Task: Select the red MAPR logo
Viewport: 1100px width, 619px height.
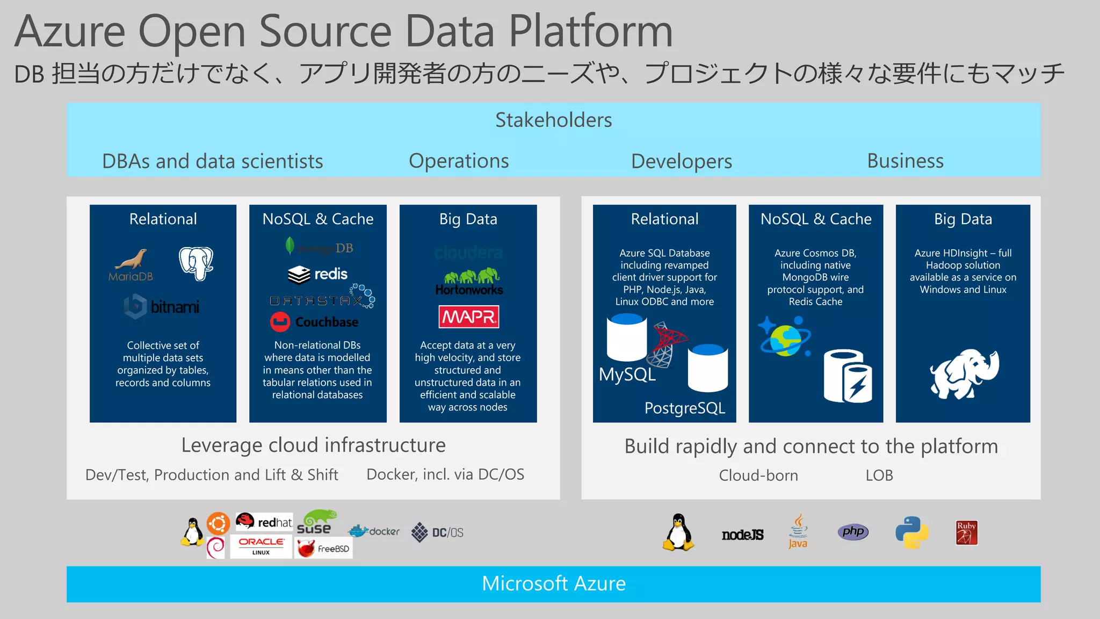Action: click(x=468, y=317)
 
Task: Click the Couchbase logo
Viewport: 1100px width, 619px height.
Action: click(x=314, y=322)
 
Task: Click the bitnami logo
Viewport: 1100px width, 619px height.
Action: click(x=162, y=307)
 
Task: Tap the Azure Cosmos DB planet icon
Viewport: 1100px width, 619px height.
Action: click(x=785, y=337)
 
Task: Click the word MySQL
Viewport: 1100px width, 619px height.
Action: click(x=627, y=375)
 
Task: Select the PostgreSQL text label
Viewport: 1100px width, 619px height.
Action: click(x=685, y=408)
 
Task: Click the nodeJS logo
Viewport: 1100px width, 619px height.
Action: click(x=742, y=535)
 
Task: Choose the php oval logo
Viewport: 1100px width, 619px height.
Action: click(x=853, y=532)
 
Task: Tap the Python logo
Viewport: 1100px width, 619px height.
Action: click(x=912, y=532)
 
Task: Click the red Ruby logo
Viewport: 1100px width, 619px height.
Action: click(x=966, y=532)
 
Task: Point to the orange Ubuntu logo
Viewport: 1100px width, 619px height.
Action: click(x=218, y=523)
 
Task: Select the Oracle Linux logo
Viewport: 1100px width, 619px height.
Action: click(x=261, y=546)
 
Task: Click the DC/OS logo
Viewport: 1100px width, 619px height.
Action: click(x=437, y=532)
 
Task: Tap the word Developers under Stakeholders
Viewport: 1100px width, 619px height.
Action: click(x=682, y=161)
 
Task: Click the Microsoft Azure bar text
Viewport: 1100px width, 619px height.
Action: click(x=554, y=584)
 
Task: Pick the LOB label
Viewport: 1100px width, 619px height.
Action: click(x=879, y=476)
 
